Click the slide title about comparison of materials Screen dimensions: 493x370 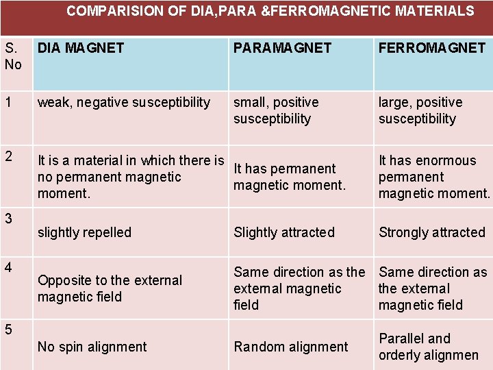(x=270, y=11)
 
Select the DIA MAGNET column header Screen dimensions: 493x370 (x=81, y=48)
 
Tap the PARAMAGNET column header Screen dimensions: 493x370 (x=282, y=48)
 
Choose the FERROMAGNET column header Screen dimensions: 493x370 (x=432, y=48)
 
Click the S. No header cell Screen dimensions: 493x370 (x=13, y=56)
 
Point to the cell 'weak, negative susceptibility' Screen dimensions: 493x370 (x=124, y=103)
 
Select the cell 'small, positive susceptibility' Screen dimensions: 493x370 (x=276, y=110)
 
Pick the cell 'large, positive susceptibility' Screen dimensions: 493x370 (x=420, y=110)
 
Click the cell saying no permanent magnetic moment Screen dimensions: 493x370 (x=131, y=177)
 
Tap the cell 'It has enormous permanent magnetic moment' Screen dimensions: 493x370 (x=434, y=177)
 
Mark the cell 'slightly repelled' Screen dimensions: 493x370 (x=84, y=232)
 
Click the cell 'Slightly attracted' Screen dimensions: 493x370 (x=284, y=232)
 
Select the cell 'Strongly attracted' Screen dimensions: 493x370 (x=432, y=232)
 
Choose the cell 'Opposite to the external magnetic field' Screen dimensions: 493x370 (x=110, y=288)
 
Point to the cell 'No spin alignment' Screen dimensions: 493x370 (x=92, y=347)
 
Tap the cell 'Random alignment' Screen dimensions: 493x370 (x=291, y=347)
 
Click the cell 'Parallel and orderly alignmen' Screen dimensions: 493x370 (x=429, y=347)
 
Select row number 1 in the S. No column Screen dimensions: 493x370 (x=9, y=102)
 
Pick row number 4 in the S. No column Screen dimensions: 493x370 (x=9, y=264)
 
